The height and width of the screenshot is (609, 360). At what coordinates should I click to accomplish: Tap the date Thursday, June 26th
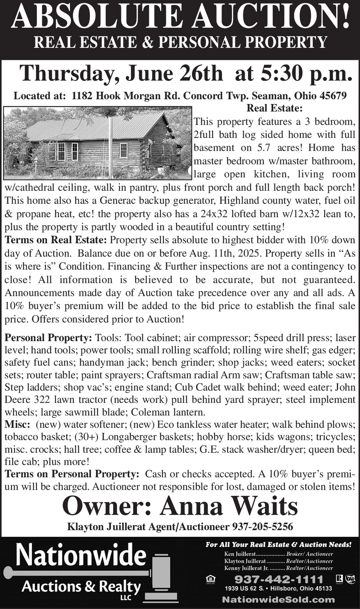[121, 73]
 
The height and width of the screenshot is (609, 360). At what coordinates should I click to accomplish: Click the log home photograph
[97, 143]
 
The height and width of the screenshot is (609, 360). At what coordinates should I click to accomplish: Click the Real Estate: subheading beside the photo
[274, 108]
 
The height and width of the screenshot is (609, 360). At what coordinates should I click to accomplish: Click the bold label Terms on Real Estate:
[56, 240]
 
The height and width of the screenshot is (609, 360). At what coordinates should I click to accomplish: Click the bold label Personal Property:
[48, 338]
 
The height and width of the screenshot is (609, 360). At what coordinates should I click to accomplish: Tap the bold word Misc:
[17, 424]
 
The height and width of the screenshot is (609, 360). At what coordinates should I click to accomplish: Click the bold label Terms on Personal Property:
[72, 474]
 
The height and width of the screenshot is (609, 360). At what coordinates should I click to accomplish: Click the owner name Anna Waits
[229, 506]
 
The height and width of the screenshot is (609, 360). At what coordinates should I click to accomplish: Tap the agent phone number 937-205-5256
[263, 526]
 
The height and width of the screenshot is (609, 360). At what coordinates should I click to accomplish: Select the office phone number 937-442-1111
[279, 579]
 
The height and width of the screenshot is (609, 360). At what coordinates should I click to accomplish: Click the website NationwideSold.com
[278, 599]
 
